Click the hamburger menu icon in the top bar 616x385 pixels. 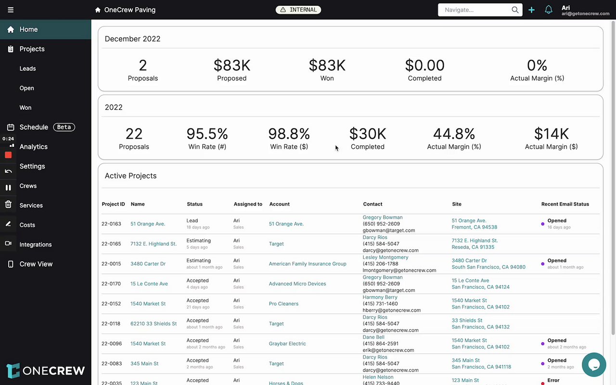point(11,10)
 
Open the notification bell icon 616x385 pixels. point(548,10)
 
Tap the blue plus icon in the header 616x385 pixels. point(531,10)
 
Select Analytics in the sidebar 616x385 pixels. point(33,147)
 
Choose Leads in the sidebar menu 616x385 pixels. point(27,68)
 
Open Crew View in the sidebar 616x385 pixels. point(36,264)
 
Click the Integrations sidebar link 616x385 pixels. point(36,244)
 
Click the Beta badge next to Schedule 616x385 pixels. point(64,127)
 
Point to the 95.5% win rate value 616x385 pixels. point(207,134)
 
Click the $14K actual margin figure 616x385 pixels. point(551,134)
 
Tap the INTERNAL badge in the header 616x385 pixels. point(298,10)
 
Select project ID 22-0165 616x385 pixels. point(111,244)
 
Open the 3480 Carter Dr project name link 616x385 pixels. point(148,264)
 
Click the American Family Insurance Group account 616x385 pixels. point(308,264)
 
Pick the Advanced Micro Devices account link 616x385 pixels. point(297,284)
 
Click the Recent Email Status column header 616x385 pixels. point(565,204)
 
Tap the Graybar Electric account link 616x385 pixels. point(287,344)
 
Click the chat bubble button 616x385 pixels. point(594,365)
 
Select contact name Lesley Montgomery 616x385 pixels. point(385,257)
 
